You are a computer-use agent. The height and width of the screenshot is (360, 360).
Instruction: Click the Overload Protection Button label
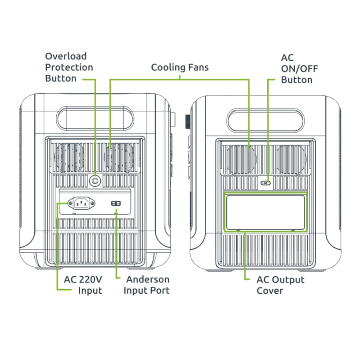69,67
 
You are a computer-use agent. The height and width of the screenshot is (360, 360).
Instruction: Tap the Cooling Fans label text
180,67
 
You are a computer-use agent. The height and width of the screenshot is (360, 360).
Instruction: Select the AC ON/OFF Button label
297,69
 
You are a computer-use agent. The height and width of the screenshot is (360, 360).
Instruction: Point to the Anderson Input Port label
147,285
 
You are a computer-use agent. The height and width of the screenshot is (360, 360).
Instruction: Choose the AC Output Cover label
280,285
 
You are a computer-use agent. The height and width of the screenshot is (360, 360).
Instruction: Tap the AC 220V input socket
81,204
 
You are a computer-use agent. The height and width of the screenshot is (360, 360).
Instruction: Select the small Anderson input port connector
116,204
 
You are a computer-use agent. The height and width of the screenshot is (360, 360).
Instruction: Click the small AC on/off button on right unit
265,183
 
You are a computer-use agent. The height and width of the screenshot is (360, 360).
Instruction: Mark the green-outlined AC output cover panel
265,211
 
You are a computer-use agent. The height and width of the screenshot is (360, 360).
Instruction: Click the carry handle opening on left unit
95,118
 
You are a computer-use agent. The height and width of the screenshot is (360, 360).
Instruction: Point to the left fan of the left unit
68,157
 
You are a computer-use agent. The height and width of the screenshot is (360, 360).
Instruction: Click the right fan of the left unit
117,157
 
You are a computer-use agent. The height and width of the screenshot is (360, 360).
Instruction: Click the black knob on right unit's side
187,121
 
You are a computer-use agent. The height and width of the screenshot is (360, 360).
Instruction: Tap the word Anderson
148,279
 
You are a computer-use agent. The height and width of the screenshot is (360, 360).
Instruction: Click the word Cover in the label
270,291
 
